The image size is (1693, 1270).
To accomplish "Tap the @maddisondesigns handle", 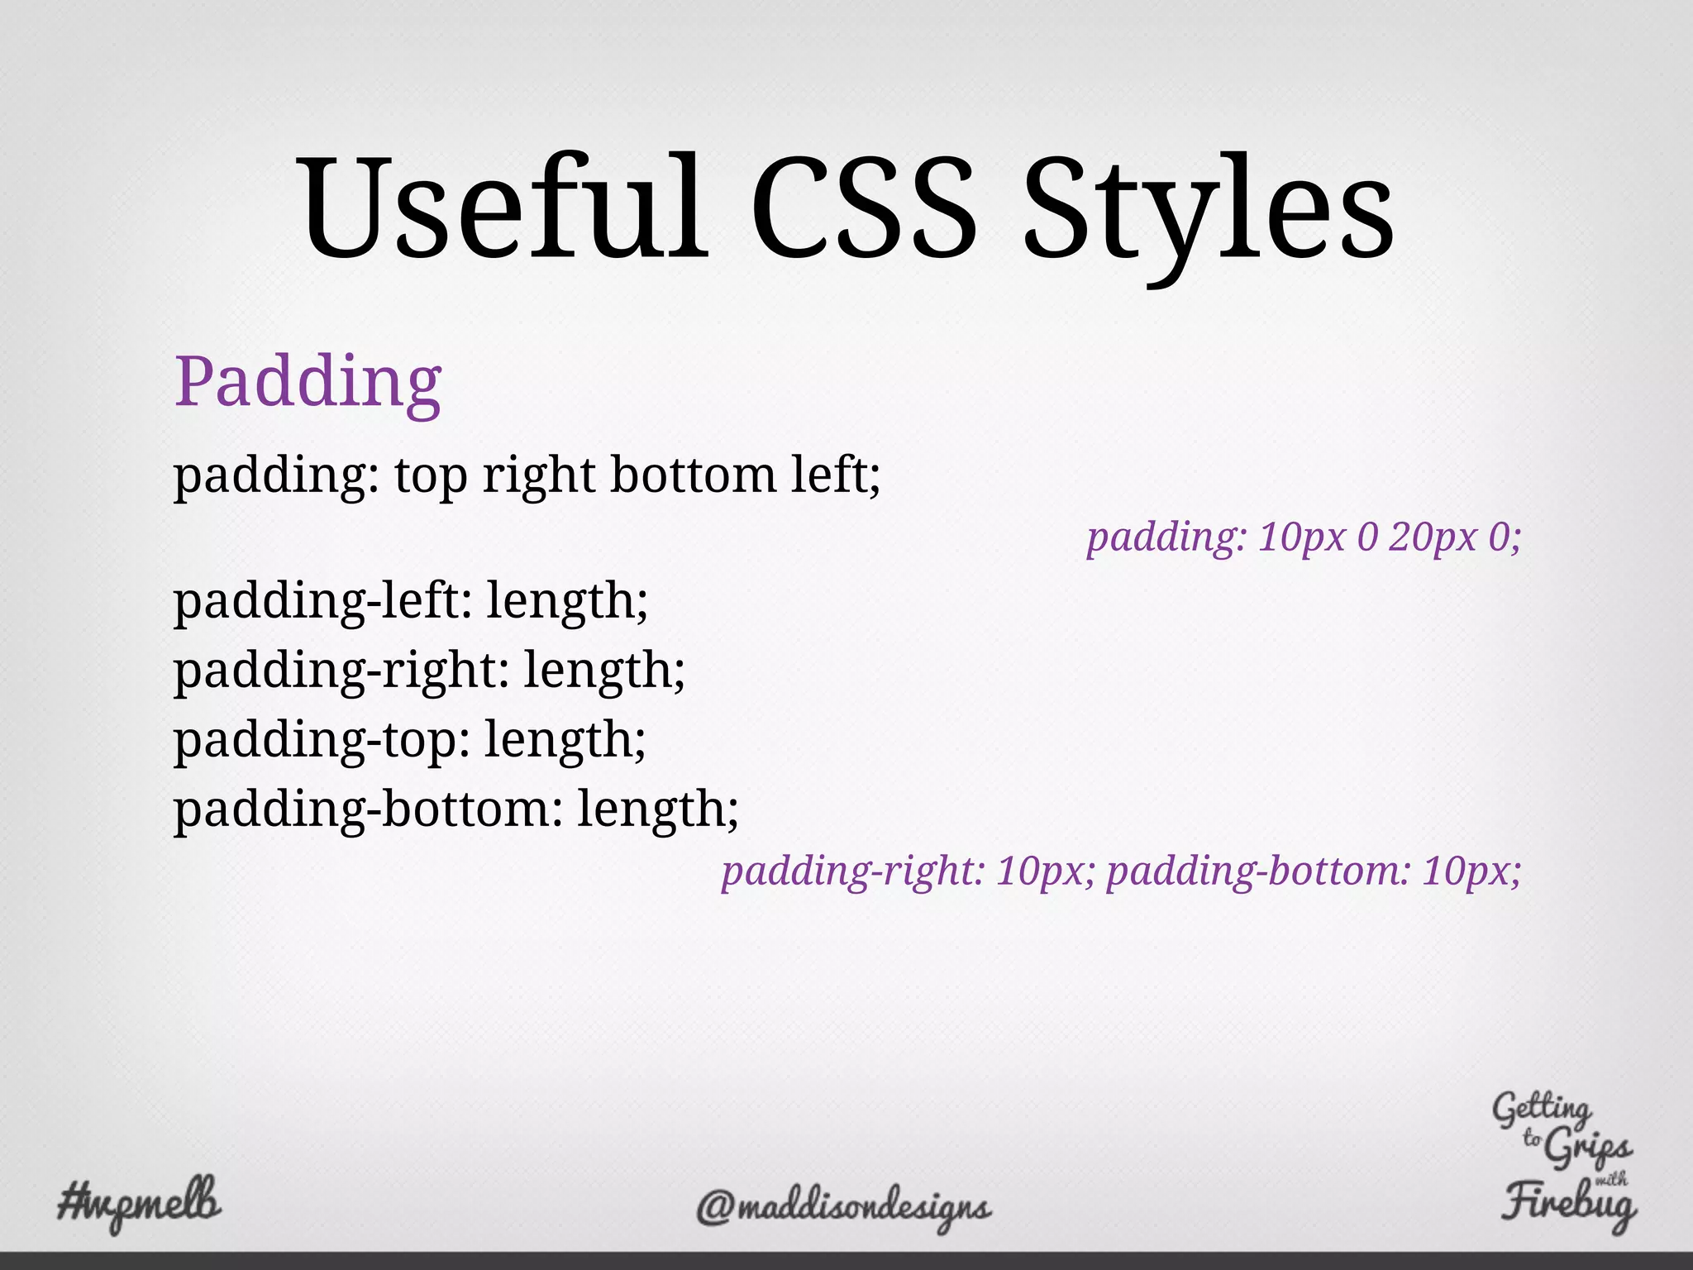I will [x=843, y=1207].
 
